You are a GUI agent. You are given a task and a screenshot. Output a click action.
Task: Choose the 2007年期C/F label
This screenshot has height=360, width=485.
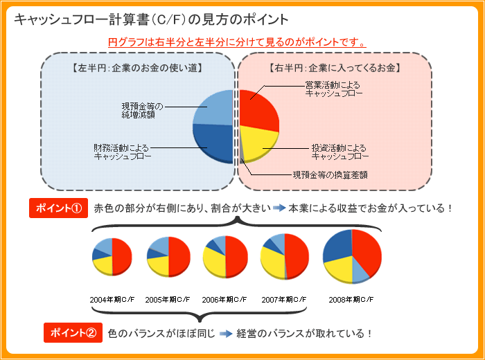(283, 300)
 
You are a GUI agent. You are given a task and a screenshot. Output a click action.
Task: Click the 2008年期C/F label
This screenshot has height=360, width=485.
(351, 300)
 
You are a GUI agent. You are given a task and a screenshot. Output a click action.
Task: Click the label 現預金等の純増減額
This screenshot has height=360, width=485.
(143, 110)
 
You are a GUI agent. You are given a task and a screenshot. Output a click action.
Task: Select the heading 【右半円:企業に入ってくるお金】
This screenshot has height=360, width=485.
(335, 69)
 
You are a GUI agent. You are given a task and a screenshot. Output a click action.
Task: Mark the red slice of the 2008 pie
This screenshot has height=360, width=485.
(367, 249)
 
